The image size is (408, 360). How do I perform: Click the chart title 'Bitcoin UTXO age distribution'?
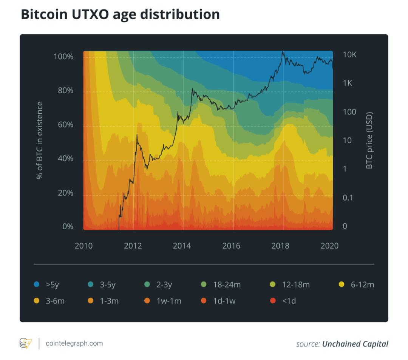point(120,15)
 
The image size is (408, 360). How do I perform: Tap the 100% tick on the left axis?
point(63,56)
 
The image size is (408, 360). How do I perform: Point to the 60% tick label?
point(65,125)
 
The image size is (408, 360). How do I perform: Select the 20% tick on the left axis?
point(65,193)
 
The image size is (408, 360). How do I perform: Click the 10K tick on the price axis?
point(349,55)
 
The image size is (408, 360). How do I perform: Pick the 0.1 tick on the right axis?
point(348,198)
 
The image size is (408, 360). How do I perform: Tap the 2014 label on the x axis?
point(182,246)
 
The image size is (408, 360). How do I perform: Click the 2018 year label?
point(280,246)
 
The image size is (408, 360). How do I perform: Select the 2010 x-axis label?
point(83,246)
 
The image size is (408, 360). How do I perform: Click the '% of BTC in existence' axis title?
point(40,140)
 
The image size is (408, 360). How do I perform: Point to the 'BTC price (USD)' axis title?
point(369,140)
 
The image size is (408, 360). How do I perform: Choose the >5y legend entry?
point(46,284)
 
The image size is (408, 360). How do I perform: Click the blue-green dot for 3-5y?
point(91,284)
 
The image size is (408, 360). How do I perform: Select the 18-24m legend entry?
point(221,284)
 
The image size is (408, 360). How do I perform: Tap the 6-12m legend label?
point(362,284)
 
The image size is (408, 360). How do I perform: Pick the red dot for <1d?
point(273,301)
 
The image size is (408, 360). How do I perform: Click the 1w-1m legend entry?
point(163,301)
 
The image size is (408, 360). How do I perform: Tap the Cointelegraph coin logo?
point(26,343)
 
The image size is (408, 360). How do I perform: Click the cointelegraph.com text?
point(74,343)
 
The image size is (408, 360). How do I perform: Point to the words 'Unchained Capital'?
point(355,344)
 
